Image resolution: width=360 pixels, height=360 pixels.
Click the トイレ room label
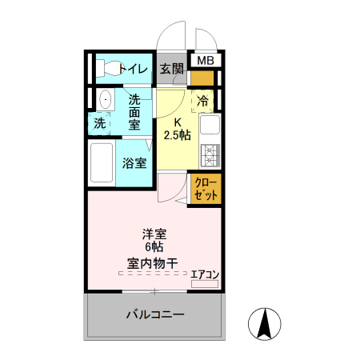[133, 69]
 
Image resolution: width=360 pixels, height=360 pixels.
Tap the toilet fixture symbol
[104, 68]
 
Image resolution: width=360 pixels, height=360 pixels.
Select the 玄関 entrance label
[171, 69]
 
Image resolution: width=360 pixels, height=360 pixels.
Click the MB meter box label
[206, 61]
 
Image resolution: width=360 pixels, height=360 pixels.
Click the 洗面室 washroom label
[134, 112]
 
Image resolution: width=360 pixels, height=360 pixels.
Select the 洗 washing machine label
[99, 123]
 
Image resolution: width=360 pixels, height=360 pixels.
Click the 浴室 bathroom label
[134, 163]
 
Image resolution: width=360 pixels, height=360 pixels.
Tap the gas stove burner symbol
[210, 153]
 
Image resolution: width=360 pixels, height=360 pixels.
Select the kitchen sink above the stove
[210, 126]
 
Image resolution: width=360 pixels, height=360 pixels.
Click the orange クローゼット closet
[206, 189]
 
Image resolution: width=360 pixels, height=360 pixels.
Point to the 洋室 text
[154, 234]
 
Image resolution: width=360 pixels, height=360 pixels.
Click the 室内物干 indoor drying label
[151, 263]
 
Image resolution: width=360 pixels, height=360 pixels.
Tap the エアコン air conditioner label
[205, 273]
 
